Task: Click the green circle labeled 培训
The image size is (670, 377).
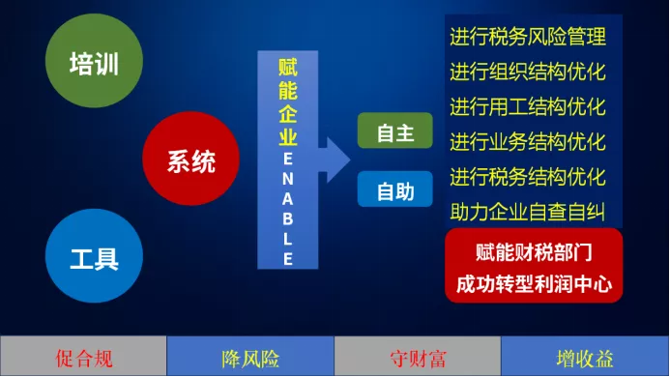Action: click(x=94, y=61)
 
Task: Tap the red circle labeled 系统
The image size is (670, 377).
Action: click(x=191, y=159)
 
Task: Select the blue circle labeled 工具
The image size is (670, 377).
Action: click(x=94, y=255)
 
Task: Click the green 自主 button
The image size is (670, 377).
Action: click(x=395, y=130)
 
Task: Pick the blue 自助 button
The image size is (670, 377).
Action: click(x=395, y=188)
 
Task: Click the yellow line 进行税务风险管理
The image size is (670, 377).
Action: click(x=528, y=37)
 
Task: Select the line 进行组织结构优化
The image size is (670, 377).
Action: click(x=528, y=72)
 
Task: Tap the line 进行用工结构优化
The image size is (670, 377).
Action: click(x=528, y=106)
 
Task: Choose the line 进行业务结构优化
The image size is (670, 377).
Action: click(x=528, y=141)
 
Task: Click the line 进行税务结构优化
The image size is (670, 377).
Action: click(x=528, y=177)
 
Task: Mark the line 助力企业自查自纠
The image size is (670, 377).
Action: click(x=528, y=212)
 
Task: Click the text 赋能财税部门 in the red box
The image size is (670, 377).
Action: click(x=534, y=252)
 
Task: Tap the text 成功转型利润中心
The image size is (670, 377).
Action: click(x=534, y=284)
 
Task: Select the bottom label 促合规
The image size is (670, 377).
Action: click(x=84, y=359)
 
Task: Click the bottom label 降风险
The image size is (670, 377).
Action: click(x=250, y=359)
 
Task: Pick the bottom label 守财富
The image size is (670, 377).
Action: click(x=418, y=359)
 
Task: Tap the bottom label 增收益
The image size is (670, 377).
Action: click(x=585, y=359)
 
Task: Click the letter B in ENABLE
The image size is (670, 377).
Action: click(x=287, y=218)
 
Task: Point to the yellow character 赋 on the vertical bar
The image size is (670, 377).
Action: click(x=287, y=67)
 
